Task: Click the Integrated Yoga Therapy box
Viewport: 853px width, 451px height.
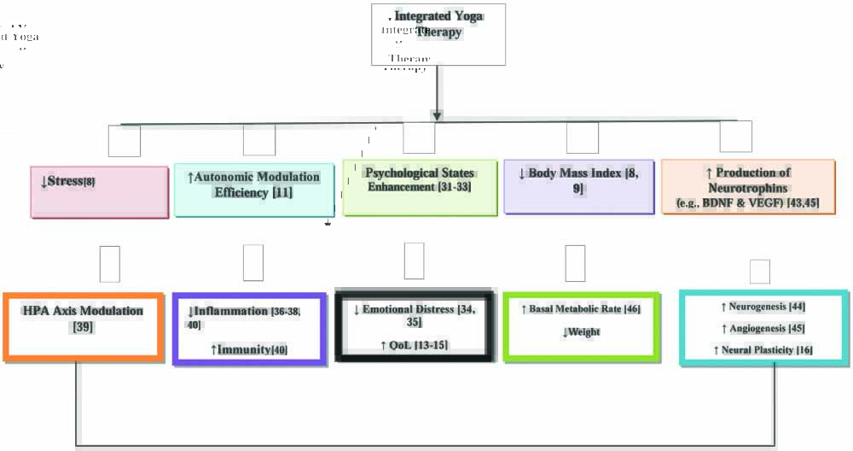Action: pos(438,34)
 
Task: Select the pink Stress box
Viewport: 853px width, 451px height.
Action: pos(99,191)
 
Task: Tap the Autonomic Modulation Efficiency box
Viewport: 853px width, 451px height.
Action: pos(253,190)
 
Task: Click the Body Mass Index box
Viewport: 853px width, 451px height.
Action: pos(578,185)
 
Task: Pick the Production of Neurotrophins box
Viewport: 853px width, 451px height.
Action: pos(748,185)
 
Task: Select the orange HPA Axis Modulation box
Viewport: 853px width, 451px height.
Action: pos(83,327)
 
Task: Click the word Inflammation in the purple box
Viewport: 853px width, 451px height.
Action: pos(232,311)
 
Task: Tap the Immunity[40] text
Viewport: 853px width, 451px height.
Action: pos(248,349)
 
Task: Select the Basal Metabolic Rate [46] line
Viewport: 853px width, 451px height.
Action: pos(580,308)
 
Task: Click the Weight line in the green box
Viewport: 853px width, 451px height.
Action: pos(581,331)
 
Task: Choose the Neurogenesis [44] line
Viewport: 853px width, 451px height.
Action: pos(763,306)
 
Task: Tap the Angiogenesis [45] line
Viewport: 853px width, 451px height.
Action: pos(763,328)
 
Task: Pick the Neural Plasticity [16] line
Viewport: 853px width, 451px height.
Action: pos(763,350)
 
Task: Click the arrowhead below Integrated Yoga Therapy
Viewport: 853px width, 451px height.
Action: pos(438,114)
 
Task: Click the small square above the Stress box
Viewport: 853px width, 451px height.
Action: pos(124,141)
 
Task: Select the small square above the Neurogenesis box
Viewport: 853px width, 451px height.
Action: pos(760,271)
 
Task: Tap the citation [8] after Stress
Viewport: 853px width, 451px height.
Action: pos(90,183)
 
